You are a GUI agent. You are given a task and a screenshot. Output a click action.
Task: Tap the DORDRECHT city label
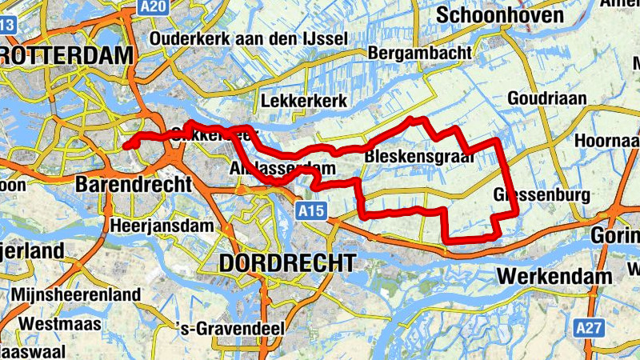click(287, 262)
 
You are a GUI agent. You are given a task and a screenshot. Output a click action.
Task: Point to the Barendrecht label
click(134, 185)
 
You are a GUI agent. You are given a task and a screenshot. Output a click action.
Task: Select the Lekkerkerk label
click(304, 102)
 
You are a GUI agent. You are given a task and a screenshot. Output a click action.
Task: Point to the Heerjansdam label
click(163, 226)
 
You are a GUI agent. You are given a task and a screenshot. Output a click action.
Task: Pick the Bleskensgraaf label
click(419, 157)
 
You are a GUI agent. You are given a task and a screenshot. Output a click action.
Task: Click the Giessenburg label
click(542, 195)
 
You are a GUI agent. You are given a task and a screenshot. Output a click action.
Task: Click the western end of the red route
click(126, 146)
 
